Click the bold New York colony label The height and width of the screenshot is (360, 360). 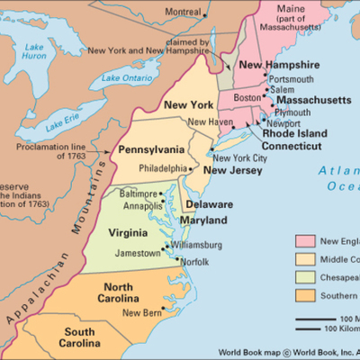187,105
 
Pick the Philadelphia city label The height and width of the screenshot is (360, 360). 163,168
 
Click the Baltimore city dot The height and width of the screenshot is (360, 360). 161,193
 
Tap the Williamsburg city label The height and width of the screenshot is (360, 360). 196,244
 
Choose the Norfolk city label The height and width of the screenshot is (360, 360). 195,261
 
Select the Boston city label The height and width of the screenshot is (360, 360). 247,96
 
